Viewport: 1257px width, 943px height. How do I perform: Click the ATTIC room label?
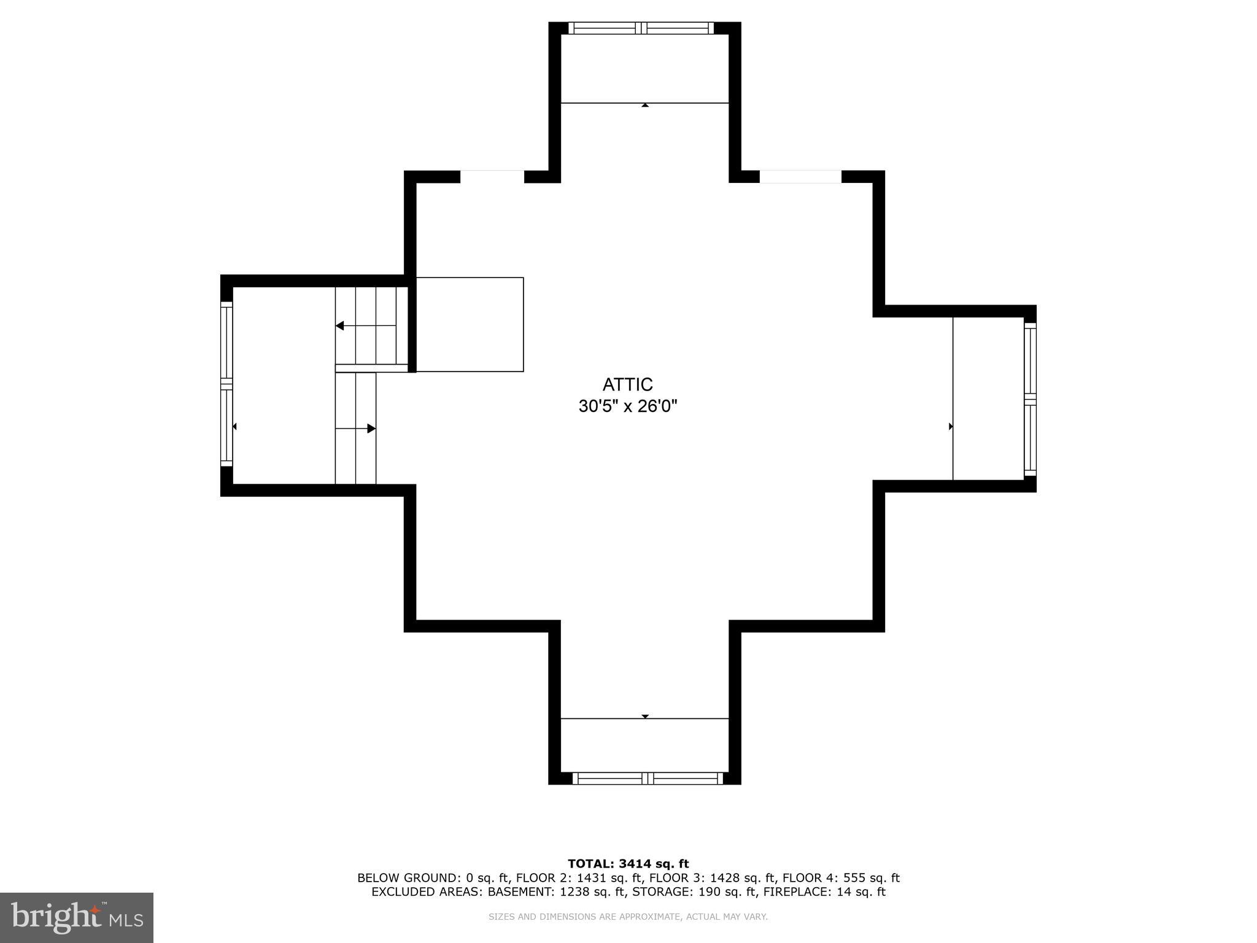[x=627, y=384]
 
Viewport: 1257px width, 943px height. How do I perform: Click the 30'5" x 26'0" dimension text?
[x=627, y=406]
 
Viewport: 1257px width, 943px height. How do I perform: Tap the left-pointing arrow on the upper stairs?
[x=340, y=325]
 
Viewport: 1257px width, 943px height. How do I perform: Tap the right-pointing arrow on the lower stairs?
[x=371, y=429]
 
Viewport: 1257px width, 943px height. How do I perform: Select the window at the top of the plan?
[x=641, y=28]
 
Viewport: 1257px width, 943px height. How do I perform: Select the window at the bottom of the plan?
[x=647, y=778]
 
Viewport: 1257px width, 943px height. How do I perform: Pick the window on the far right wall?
[x=1030, y=400]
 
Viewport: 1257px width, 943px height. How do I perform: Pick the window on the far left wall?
[x=226, y=384]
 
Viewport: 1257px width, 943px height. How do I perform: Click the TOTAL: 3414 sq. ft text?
[x=628, y=864]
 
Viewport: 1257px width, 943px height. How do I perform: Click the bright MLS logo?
[x=76, y=917]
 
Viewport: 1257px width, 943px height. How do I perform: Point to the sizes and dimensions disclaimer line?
[x=628, y=917]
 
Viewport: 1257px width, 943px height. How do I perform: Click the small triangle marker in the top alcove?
[x=644, y=106]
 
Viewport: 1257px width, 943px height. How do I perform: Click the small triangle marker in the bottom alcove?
[x=644, y=716]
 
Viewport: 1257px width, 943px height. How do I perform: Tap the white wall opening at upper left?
[x=492, y=177]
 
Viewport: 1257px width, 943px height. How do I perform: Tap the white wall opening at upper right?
[x=800, y=177]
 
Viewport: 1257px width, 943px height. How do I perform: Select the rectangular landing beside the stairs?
[x=470, y=324]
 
